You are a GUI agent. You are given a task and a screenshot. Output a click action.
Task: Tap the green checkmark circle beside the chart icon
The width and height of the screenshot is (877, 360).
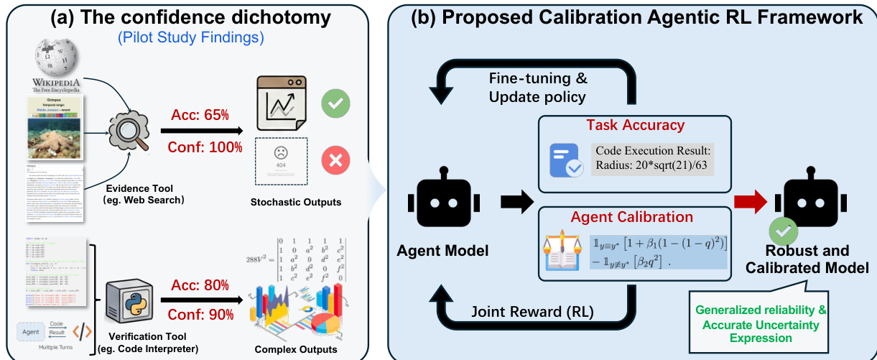coord(335,103)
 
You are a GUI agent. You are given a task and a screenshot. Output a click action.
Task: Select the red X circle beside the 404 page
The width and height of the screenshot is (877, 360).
coord(335,162)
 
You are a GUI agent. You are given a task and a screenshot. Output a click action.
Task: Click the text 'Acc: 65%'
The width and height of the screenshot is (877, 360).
coord(199,115)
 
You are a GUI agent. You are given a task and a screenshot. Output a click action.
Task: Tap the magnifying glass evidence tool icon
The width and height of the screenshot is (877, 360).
coord(127,136)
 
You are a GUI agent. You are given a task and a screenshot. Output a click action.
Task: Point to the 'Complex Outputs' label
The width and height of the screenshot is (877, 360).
coord(296,350)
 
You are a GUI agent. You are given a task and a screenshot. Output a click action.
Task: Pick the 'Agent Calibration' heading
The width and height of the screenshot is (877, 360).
coord(631,216)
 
